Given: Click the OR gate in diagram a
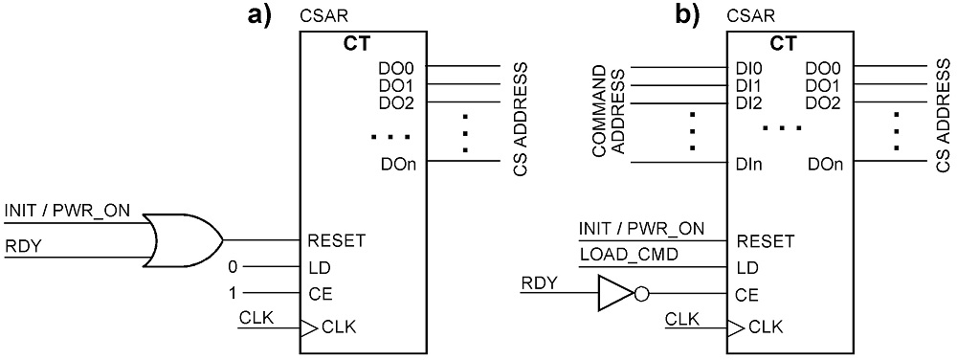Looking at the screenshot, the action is [183, 239].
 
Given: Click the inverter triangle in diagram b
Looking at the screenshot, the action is [616, 294].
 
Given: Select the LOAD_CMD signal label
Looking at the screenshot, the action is [628, 255].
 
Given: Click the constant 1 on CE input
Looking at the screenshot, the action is [232, 294].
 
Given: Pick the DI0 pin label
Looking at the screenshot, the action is [749, 67].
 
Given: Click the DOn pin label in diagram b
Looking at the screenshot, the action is [825, 164].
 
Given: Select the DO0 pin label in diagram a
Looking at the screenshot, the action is [398, 67].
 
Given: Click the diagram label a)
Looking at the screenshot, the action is [258, 14].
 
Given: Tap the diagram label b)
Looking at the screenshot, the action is [686, 14].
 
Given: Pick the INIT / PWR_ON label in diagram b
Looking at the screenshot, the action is [641, 229].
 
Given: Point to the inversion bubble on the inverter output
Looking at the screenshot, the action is [642, 294].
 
